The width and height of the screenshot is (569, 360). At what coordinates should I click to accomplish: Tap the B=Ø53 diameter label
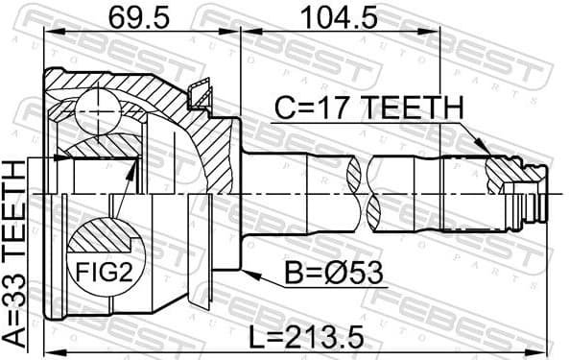(x=332, y=275)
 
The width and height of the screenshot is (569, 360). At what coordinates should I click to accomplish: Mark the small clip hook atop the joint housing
(x=202, y=93)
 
